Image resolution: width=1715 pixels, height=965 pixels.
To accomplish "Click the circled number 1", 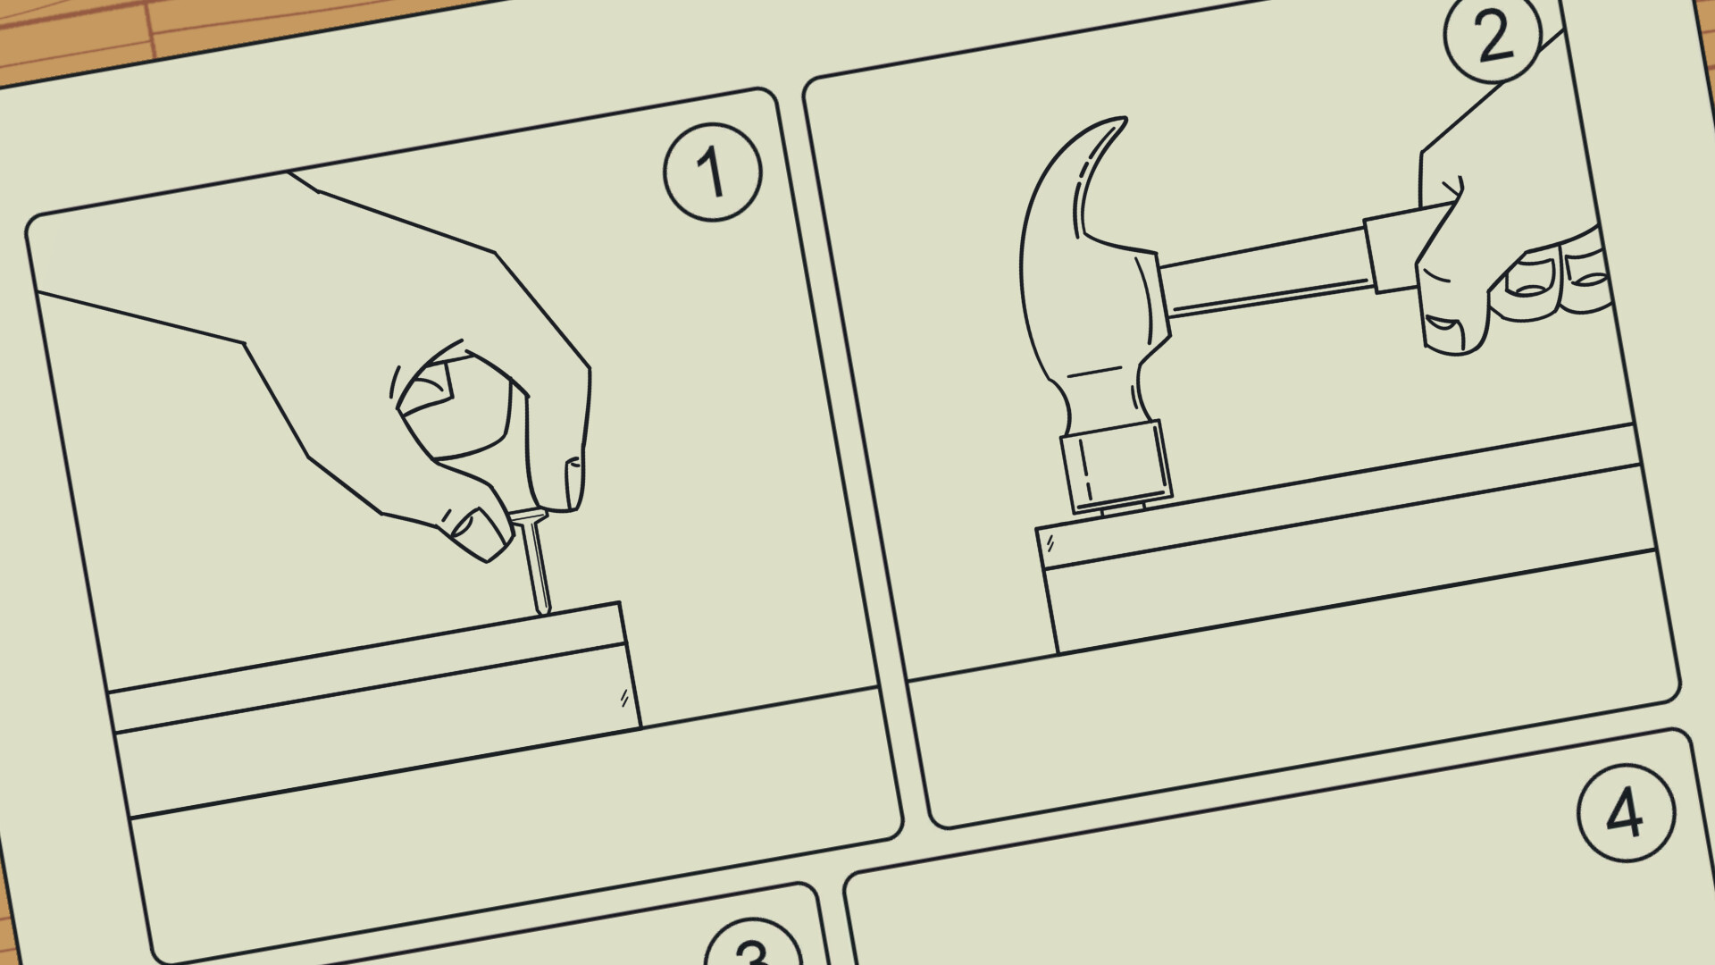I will click(x=712, y=172).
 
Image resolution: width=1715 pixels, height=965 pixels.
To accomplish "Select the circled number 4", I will click(x=1625, y=813).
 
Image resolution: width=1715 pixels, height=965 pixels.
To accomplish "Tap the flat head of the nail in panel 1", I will click(x=527, y=516).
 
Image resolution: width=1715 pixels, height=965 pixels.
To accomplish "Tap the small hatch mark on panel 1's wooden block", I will click(x=623, y=698).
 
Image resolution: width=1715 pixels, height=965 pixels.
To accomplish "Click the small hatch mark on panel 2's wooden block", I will click(x=1050, y=542).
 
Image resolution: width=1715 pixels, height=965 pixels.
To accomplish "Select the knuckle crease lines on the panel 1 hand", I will click(x=393, y=384).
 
